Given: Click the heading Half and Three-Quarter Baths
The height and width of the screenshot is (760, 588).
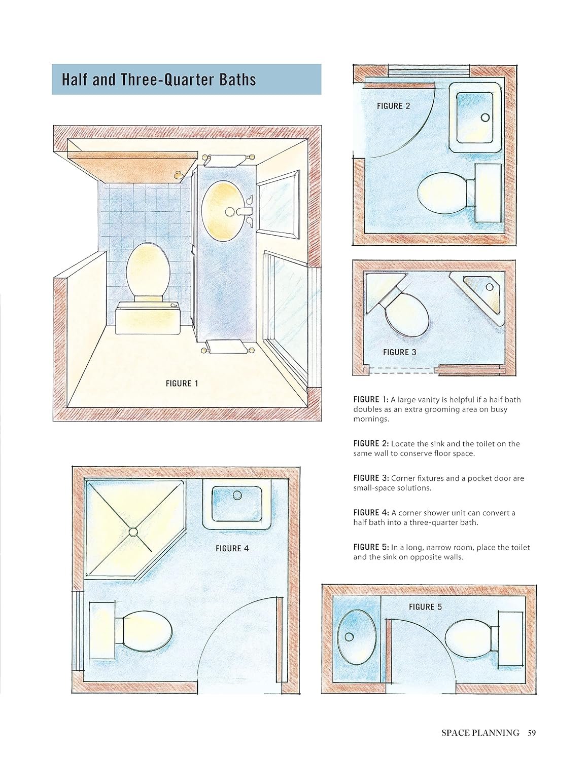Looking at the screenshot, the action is (159, 80).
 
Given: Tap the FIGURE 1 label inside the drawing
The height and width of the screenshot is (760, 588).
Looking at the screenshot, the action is (182, 384).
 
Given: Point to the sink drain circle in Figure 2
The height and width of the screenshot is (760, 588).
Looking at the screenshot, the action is (485, 118).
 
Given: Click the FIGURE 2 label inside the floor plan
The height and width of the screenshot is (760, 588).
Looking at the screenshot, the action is (393, 106).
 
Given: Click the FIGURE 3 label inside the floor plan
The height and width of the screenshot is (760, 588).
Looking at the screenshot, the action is (400, 352).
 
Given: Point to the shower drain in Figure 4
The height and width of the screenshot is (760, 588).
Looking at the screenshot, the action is (133, 532).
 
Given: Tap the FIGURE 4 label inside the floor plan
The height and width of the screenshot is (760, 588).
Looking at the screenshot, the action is (232, 548).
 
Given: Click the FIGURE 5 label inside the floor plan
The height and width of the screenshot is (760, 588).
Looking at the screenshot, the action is (425, 607).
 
